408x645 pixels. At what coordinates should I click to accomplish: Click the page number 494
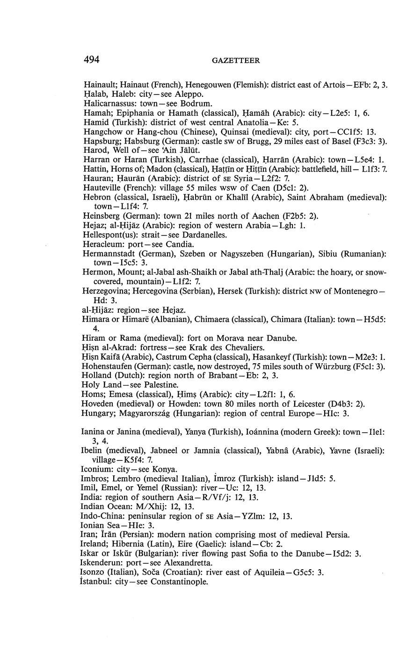click(x=92, y=59)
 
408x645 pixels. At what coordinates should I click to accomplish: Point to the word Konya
click(x=163, y=469)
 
